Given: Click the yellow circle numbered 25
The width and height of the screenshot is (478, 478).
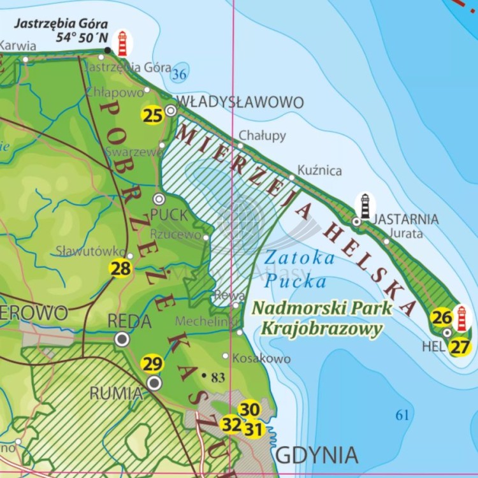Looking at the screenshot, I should [153, 115].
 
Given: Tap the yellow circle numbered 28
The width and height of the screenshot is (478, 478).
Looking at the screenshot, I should [120, 269].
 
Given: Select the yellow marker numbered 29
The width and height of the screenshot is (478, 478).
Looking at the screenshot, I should [152, 365].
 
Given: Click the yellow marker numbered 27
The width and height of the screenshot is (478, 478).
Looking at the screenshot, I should [460, 347].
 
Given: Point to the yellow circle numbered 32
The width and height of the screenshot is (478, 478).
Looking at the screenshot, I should [231, 423].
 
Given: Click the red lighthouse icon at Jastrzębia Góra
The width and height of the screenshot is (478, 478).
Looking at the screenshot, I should [122, 43].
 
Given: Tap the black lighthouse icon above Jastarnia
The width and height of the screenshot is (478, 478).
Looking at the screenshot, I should [365, 206].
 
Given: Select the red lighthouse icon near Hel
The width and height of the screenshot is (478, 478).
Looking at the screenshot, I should [462, 318].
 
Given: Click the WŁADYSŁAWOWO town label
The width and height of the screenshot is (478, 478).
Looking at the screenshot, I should [241, 102].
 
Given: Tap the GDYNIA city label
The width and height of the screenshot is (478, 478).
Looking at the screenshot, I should [316, 456].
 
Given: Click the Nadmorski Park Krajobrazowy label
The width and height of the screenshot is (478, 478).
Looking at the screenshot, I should [321, 318].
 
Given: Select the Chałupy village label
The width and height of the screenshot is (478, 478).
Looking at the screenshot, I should [262, 136].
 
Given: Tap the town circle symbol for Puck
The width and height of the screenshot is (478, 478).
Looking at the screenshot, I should [159, 199].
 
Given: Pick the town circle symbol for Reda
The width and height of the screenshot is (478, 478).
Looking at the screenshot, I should [122, 339].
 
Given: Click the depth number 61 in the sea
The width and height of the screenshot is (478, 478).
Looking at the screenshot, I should [402, 416].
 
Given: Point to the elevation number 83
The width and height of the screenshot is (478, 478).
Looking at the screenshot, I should [218, 378].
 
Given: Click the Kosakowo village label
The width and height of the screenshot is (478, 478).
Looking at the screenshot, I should [261, 359].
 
